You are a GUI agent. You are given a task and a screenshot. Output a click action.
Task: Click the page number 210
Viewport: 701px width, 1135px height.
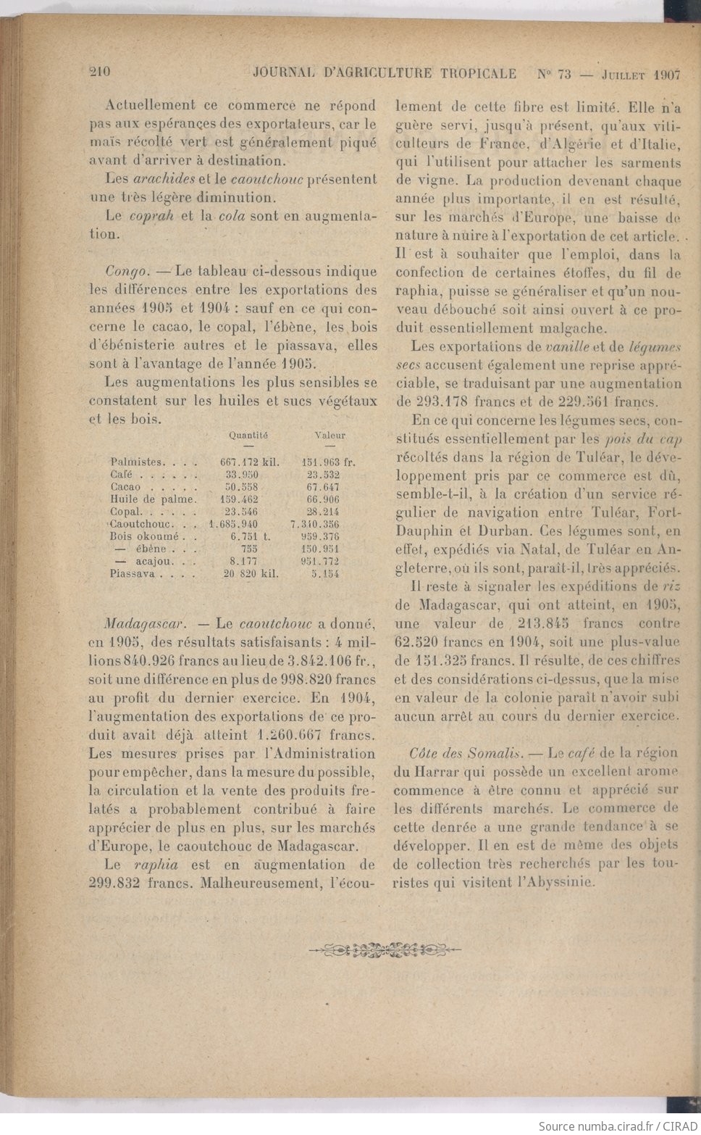99,72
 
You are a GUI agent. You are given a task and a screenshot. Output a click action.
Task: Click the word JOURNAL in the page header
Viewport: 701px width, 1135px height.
285,73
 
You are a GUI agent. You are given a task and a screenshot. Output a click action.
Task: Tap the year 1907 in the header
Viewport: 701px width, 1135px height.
666,74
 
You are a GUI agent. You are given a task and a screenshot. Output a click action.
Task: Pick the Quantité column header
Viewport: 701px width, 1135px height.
248,436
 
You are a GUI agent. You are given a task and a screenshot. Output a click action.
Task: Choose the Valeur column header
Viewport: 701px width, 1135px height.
330,436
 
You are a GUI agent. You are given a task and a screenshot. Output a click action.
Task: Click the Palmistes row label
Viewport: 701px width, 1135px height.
135,462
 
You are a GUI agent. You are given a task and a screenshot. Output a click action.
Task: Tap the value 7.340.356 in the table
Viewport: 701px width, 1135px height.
315,524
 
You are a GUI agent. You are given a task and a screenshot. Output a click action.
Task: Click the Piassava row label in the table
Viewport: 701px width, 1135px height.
131,573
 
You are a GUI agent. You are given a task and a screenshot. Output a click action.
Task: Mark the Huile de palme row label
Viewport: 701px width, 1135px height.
153,499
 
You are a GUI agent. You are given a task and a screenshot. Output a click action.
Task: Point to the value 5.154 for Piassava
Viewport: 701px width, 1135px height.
325,573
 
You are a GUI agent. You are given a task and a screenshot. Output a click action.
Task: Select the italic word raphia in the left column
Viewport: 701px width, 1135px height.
156,865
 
